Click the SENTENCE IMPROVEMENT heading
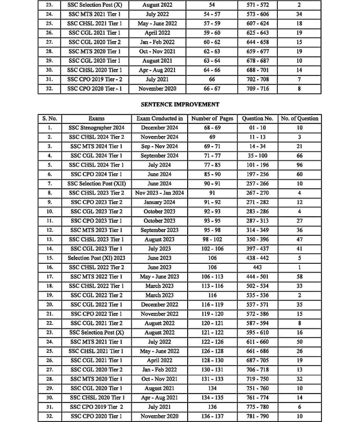180,104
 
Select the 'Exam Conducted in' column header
160,119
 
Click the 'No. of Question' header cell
299,119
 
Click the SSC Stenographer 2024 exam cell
96,128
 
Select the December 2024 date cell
160,128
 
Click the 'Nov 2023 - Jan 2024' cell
160,193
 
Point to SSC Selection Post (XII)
96,184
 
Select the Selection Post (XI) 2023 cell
96,258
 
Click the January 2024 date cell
160,202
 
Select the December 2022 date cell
160,304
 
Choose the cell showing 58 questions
299,276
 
